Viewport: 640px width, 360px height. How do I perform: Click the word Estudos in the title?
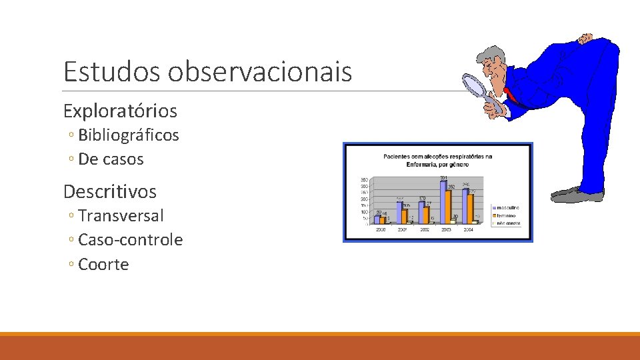(x=111, y=71)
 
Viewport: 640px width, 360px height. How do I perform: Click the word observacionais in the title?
(x=259, y=71)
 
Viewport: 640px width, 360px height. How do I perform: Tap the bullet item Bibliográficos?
(x=128, y=135)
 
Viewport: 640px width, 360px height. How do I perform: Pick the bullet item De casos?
(x=111, y=159)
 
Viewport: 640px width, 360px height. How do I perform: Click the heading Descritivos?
(x=110, y=192)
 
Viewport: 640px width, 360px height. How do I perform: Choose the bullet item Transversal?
(x=121, y=216)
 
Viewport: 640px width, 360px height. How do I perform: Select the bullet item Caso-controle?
(x=130, y=240)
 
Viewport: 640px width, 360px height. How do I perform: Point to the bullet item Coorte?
(x=103, y=265)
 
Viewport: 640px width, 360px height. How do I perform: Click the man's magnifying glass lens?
(x=475, y=85)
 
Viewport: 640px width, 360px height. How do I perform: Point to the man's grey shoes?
(x=577, y=195)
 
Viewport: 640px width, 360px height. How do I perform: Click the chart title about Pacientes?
(x=437, y=161)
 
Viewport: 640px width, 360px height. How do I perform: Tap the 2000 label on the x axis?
(x=380, y=229)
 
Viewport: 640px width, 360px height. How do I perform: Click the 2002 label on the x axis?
(x=425, y=229)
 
